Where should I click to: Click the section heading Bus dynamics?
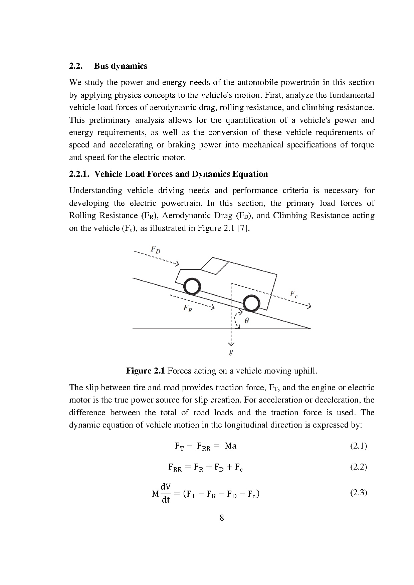click(x=121, y=66)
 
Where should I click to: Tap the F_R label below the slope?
click(x=188, y=309)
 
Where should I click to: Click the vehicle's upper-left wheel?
click(x=192, y=286)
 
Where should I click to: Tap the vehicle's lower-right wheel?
click(x=251, y=304)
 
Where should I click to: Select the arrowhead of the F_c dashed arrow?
click(x=309, y=306)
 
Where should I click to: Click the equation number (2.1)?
click(x=359, y=446)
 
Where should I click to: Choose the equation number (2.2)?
click(x=359, y=467)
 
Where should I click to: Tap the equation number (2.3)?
click(x=359, y=493)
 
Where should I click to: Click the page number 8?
click(x=222, y=518)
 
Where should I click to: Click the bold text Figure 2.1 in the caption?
click(x=146, y=371)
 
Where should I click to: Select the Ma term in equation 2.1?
click(x=230, y=446)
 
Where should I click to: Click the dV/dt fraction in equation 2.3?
click(x=166, y=494)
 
